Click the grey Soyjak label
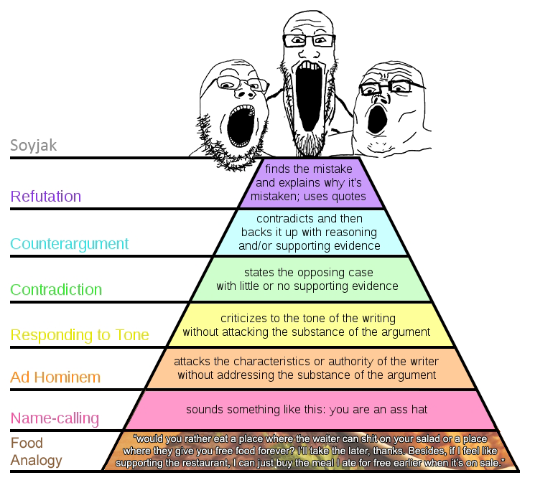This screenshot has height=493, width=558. coord(33,146)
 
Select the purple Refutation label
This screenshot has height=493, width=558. coord(45,197)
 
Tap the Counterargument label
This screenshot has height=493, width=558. coord(69,244)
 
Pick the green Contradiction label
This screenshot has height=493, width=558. coord(56,290)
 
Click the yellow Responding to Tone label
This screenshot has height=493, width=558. coord(80,335)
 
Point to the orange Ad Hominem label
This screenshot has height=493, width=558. coord(55,377)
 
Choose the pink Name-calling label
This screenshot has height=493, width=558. coord(55,418)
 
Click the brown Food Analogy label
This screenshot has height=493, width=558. coord(27,451)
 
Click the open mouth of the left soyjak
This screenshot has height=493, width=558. coord(238,126)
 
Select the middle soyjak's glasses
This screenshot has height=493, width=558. coord(309,40)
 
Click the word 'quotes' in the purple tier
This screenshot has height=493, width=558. coord(350,197)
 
